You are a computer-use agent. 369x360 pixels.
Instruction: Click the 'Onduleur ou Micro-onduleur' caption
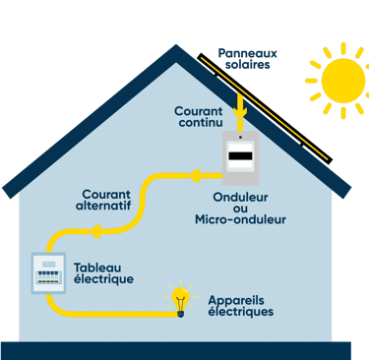[241, 208]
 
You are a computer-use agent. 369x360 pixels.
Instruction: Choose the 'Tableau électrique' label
[103, 272]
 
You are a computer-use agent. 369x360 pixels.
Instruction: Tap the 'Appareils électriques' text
[240, 305]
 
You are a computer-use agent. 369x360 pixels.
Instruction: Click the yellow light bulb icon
[180, 300]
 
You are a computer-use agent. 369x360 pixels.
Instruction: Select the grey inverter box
[242, 156]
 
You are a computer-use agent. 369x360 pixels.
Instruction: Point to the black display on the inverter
[242, 155]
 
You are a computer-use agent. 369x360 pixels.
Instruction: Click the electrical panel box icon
[45, 270]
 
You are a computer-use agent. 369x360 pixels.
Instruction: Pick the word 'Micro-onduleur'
[241, 219]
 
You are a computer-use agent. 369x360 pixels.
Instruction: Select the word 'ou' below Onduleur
[241, 208]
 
